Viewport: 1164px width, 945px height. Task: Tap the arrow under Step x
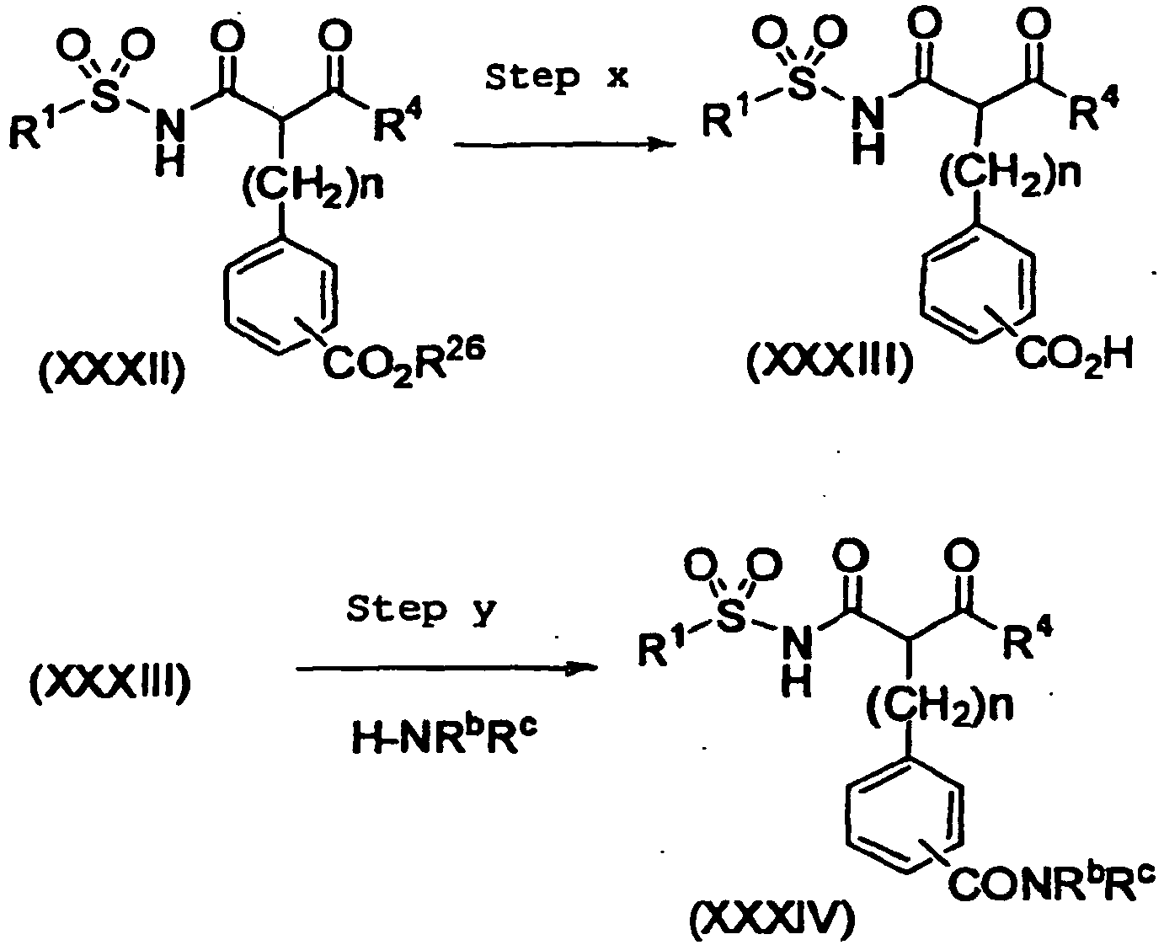pos(564,145)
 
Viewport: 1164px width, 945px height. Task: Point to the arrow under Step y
pos(446,668)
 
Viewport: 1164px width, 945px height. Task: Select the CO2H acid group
pos(1074,355)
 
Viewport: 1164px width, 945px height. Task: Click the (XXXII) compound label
pos(112,371)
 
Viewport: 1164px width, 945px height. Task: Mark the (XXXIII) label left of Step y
pos(110,682)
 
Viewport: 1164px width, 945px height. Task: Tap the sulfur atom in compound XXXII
pos(104,99)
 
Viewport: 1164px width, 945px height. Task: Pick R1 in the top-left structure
pos(33,128)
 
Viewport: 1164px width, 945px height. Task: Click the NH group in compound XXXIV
pos(796,663)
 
